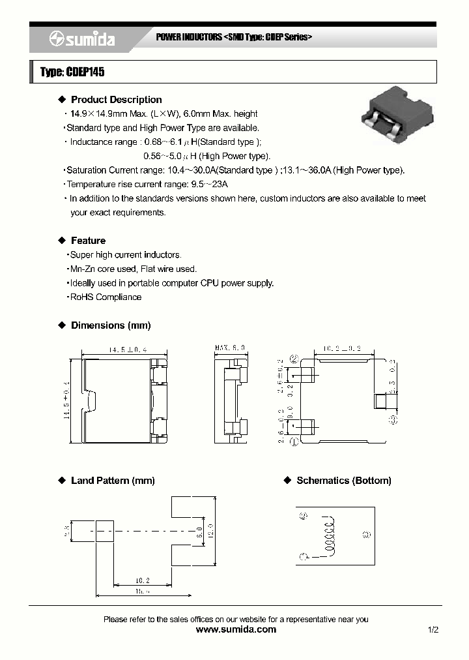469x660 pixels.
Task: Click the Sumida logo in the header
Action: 82,40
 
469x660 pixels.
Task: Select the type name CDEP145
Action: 72,72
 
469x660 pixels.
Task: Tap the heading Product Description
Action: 116,100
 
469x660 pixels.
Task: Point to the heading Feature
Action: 88,241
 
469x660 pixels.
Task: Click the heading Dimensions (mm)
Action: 111,325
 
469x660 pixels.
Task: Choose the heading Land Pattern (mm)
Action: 113,481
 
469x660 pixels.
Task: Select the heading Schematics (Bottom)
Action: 344,481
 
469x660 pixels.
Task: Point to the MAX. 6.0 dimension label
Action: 230,348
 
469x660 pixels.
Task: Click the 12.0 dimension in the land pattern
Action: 210,530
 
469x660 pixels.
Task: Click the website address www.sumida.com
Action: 236,629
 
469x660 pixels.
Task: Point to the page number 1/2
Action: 434,629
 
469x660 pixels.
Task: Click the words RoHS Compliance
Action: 105,297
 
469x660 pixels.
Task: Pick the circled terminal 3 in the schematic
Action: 365,534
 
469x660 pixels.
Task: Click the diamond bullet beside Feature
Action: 63,241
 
